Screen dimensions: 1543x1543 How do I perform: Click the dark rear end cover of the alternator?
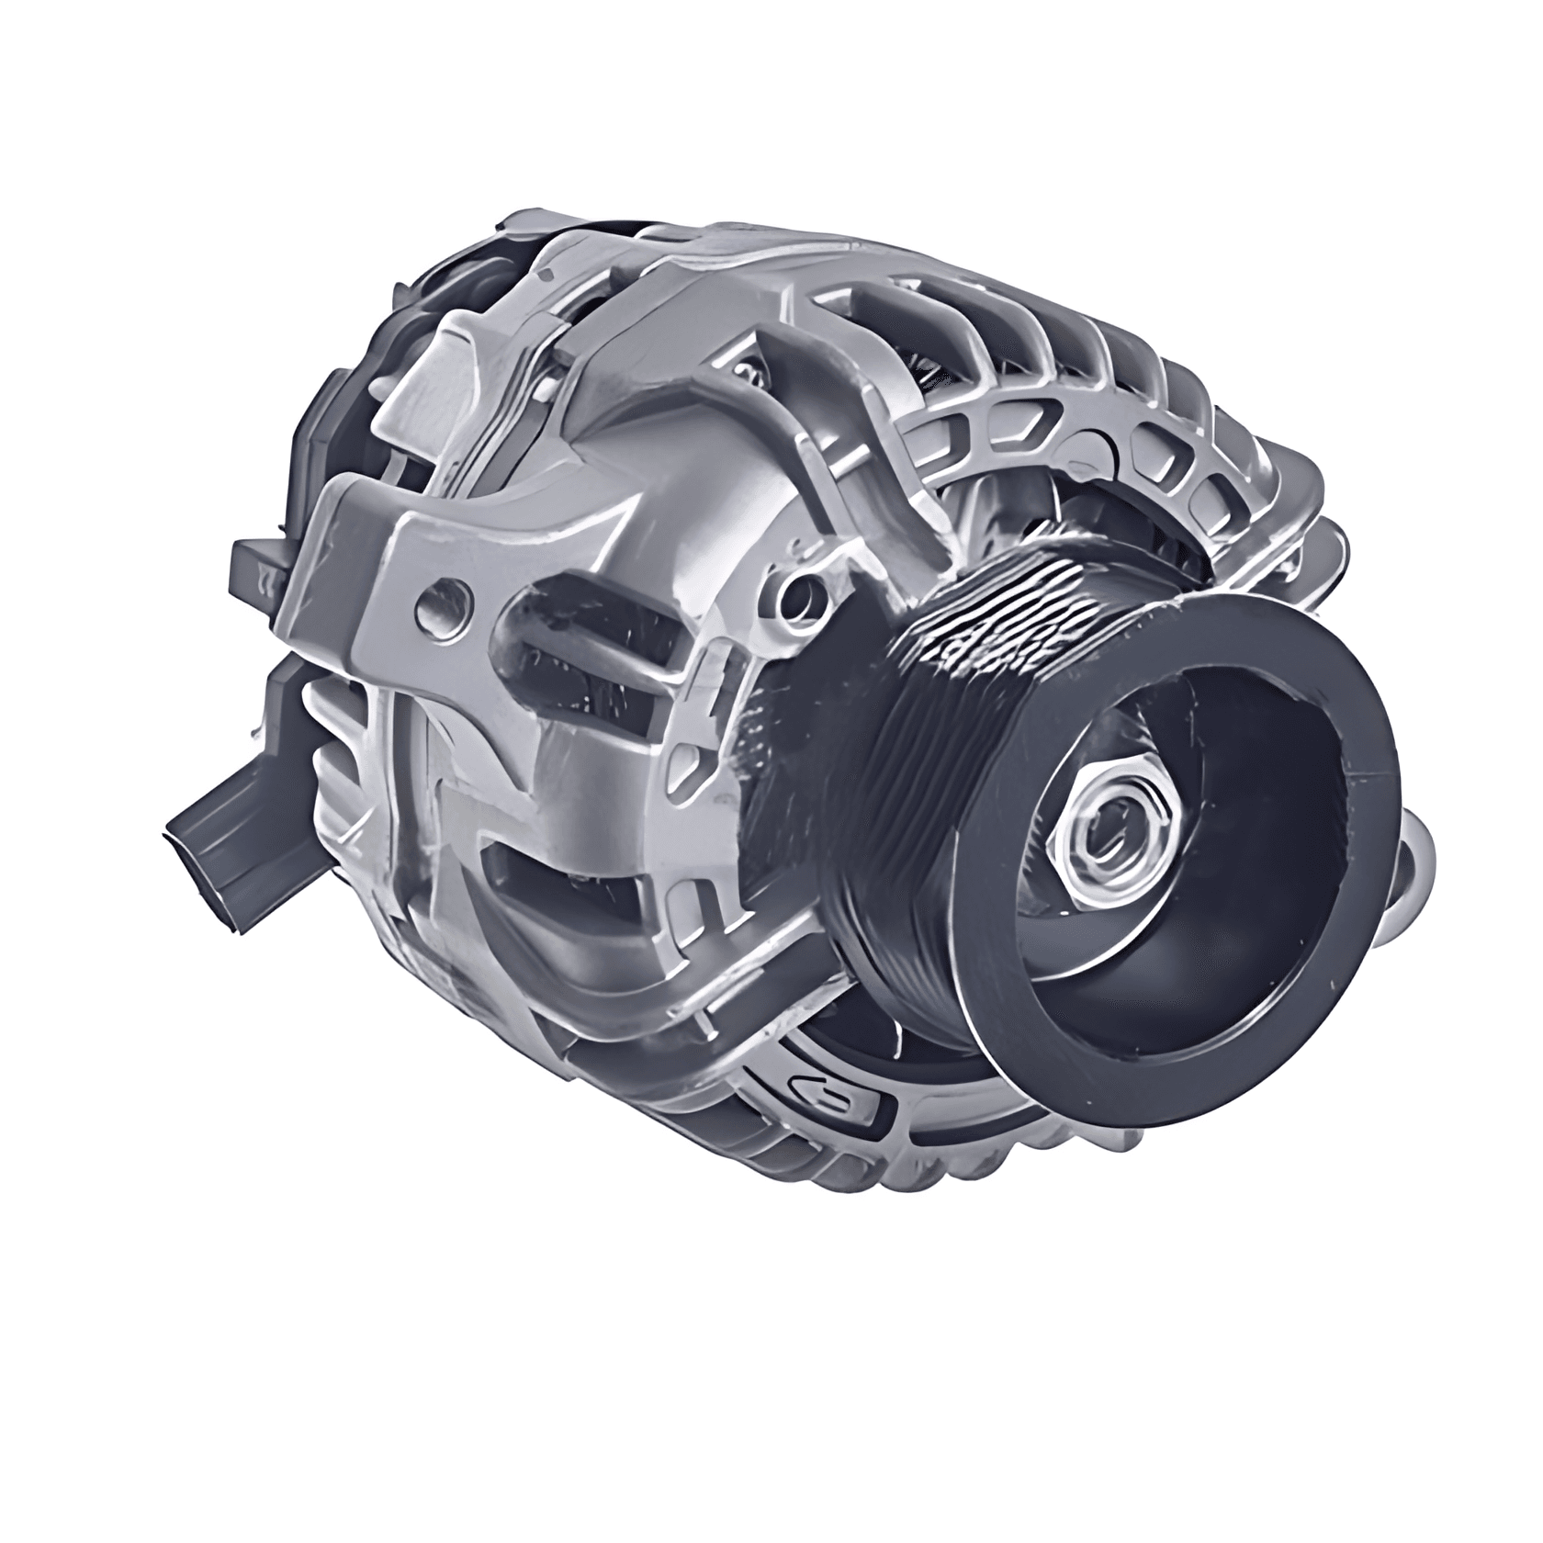[x=349, y=441]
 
